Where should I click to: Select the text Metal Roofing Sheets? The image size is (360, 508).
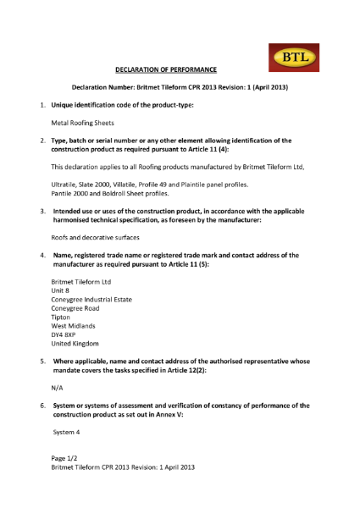82,123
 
